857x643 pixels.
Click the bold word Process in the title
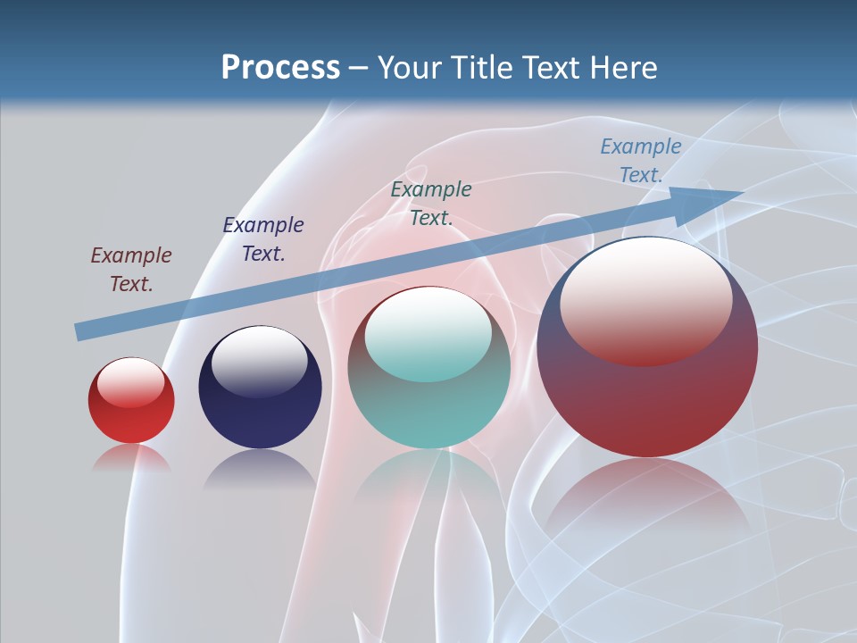[280, 68]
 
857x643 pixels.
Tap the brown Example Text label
[131, 270]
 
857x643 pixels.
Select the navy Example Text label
[262, 239]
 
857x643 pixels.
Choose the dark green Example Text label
[431, 204]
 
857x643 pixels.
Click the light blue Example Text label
[640, 161]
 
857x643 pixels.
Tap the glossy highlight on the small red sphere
[130, 381]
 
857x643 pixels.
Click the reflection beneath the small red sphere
[131, 458]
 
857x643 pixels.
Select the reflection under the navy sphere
[260, 468]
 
